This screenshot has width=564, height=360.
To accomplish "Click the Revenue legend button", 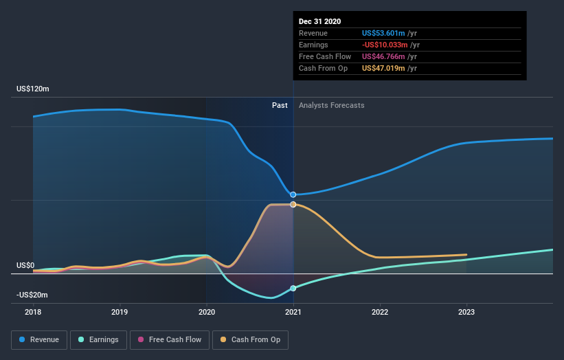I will [40, 339].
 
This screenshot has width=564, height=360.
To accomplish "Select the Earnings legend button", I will [98, 339].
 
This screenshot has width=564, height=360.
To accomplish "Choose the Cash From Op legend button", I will [250, 339].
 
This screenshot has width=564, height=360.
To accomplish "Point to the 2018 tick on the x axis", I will [33, 312].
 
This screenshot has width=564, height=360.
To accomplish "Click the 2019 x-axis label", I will [120, 312].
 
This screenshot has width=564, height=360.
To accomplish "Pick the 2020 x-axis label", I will [206, 312].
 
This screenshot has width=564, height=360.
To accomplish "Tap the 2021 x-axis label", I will [293, 312].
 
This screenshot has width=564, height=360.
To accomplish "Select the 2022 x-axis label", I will [380, 312].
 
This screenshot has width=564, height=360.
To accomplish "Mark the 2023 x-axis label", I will [466, 312].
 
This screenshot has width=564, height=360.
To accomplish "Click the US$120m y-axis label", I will [33, 89].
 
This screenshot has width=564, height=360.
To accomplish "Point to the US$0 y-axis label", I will [25, 265].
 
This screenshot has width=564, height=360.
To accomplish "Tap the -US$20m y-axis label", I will [33, 295].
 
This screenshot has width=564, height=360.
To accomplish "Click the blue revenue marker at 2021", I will [293, 194].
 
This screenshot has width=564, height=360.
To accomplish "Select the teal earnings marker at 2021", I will [293, 288].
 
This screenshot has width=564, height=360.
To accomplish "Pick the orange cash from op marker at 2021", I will [293, 205].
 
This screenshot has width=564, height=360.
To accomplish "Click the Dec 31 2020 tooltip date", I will [320, 21].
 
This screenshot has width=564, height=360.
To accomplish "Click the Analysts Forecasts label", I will [331, 105].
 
